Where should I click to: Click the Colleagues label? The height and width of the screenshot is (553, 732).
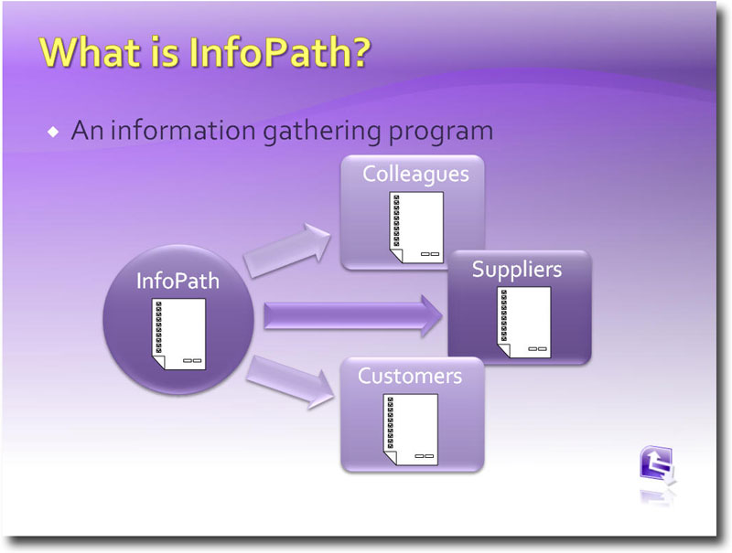(415, 174)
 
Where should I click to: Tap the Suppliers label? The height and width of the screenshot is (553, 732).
(516, 269)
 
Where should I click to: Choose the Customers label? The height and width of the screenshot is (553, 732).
(410, 376)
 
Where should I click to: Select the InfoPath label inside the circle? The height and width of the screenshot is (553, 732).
(178, 281)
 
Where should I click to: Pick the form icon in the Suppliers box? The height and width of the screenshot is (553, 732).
(523, 322)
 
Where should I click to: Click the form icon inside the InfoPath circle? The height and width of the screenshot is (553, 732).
(178, 334)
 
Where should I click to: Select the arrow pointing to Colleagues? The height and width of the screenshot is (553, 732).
(287, 250)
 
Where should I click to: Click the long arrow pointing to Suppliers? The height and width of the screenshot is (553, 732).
(352, 316)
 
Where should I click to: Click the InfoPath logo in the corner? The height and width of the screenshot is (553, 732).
(658, 467)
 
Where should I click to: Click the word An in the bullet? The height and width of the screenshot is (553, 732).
(85, 131)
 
